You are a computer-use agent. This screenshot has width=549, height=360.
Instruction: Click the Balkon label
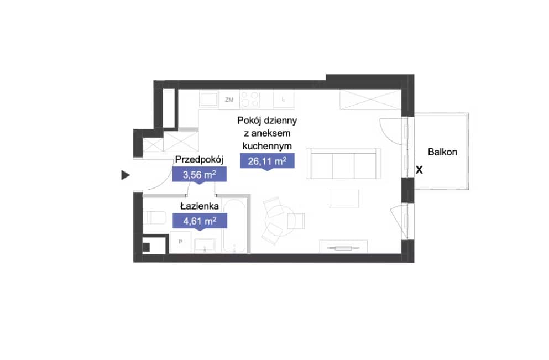442,152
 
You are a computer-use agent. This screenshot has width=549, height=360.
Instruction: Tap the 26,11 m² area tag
267,161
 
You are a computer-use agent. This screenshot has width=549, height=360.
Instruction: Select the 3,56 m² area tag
199,174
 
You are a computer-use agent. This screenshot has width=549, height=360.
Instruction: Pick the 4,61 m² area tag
200,221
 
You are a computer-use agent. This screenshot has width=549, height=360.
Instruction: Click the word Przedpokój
199,160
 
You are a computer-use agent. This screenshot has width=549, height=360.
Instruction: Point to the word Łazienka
200,206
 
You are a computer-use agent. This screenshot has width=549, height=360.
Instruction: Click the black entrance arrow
126,175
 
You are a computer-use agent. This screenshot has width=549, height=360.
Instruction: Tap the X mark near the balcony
419,170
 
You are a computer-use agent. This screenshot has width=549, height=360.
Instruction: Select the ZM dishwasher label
229,100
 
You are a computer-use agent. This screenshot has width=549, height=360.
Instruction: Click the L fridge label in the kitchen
284,100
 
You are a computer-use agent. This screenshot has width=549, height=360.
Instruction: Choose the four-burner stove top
250,99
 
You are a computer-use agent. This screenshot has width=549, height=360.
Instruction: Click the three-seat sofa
343,163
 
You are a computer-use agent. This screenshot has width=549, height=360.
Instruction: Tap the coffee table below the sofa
343,199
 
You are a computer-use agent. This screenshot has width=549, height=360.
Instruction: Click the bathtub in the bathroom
234,226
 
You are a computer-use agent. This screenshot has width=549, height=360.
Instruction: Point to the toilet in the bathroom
154,218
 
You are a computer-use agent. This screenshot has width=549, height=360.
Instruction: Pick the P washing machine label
181,242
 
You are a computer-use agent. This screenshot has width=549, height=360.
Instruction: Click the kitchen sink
209,99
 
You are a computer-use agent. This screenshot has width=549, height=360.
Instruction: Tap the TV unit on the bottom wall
343,247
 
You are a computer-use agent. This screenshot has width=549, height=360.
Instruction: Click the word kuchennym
267,146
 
